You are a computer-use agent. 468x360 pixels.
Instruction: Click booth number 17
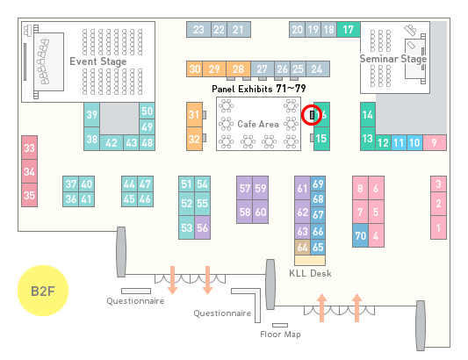click(x=349, y=30)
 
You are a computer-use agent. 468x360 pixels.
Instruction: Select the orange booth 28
click(x=238, y=69)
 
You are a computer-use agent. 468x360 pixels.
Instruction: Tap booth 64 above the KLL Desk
click(x=302, y=247)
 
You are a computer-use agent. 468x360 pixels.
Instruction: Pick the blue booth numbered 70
click(x=360, y=235)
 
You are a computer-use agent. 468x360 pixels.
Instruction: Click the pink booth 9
click(x=435, y=143)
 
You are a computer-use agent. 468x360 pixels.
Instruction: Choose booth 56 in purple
click(x=202, y=227)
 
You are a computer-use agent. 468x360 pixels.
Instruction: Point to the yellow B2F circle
click(x=43, y=291)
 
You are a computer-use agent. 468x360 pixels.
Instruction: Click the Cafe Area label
click(x=258, y=124)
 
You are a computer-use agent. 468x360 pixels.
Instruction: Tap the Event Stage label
click(x=98, y=61)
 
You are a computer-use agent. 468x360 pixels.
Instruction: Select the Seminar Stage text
click(x=393, y=59)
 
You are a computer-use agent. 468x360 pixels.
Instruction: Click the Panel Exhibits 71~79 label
click(x=259, y=89)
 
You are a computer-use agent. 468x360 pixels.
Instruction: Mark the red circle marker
click(x=312, y=115)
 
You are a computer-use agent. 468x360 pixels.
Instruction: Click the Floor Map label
click(x=280, y=334)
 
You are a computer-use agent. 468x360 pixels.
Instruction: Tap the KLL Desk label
click(x=310, y=273)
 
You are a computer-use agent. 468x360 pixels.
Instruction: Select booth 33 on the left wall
click(x=29, y=148)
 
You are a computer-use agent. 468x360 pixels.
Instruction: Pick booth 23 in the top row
click(x=198, y=30)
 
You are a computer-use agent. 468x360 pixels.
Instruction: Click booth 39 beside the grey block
click(x=91, y=115)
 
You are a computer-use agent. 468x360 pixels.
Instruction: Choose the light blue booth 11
click(x=399, y=143)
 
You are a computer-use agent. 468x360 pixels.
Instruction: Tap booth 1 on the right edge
click(x=438, y=227)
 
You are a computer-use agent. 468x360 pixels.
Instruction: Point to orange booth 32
click(x=194, y=139)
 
